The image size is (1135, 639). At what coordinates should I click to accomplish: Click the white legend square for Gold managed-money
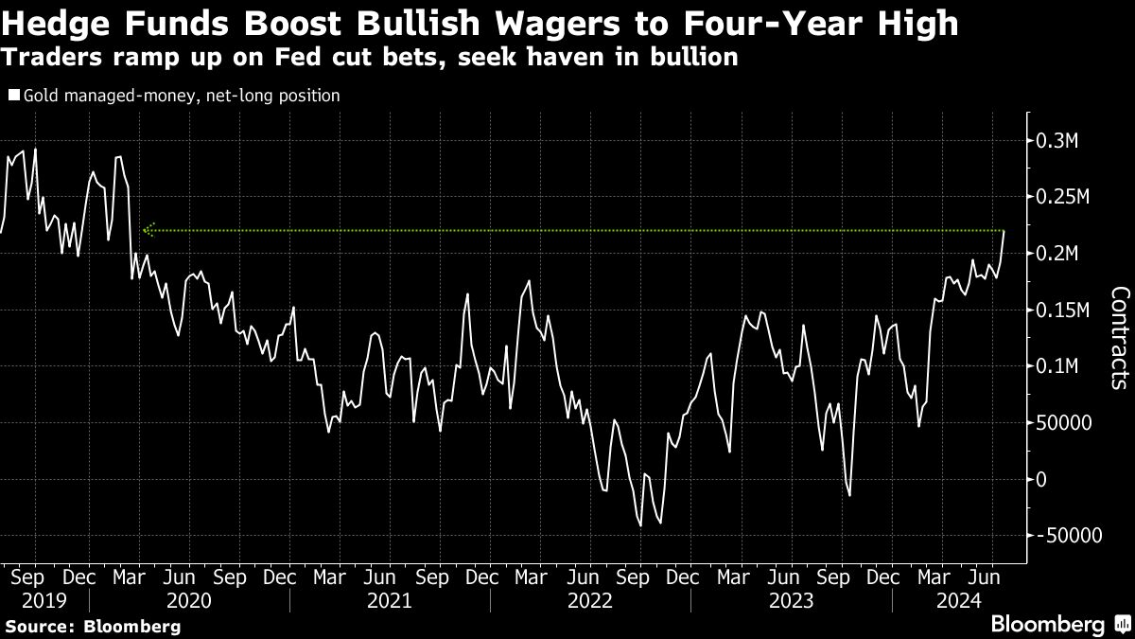(x=14, y=96)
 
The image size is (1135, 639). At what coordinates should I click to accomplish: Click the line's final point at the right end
(x=1004, y=230)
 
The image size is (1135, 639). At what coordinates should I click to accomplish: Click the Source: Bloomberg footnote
(x=92, y=627)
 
